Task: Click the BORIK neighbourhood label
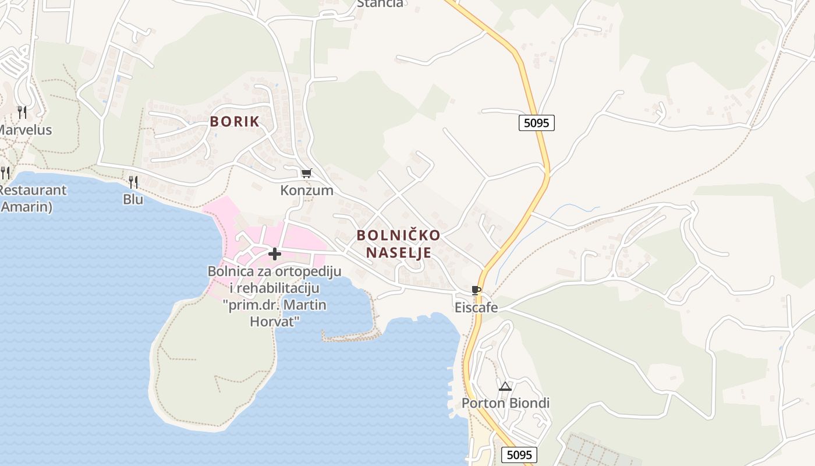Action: point(235,122)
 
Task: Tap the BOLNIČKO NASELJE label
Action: point(399,243)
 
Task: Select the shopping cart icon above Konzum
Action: point(306,173)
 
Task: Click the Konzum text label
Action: point(307,190)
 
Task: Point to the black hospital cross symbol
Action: point(275,254)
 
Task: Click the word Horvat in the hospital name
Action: point(274,321)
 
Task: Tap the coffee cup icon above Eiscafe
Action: point(476,290)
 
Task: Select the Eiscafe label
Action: point(476,308)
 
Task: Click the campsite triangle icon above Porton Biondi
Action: point(505,386)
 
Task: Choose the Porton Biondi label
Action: point(505,403)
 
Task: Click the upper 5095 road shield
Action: point(536,123)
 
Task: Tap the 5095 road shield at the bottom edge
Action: point(519,455)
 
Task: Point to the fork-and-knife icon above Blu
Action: point(133,182)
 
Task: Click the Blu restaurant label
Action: point(133,199)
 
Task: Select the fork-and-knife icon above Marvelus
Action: point(22,112)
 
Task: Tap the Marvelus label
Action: point(26,130)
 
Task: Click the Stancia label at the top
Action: point(380,3)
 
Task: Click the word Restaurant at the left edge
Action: point(33,190)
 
